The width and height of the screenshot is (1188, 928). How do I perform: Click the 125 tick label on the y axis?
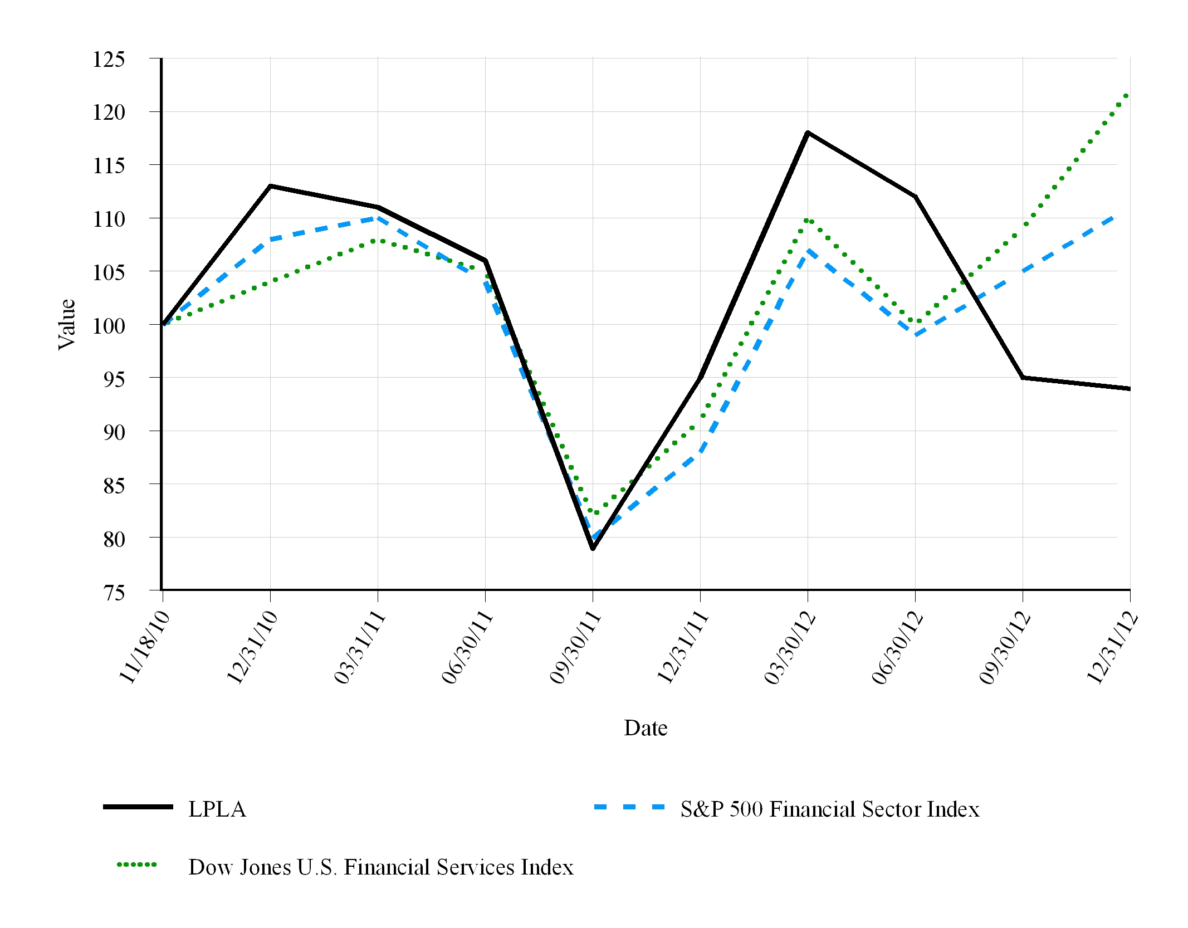(x=109, y=60)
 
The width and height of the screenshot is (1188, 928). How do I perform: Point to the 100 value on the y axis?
(x=109, y=326)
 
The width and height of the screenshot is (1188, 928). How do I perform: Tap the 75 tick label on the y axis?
(x=114, y=593)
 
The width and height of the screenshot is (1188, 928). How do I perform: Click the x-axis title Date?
(x=646, y=728)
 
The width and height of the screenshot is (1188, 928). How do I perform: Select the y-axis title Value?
(x=66, y=324)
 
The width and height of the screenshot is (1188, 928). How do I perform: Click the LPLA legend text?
(x=217, y=809)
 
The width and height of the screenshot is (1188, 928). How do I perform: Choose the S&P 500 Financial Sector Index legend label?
(x=830, y=809)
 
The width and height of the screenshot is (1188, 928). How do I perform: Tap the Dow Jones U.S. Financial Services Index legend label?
(x=381, y=867)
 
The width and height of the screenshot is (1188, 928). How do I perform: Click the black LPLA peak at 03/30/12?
(x=808, y=133)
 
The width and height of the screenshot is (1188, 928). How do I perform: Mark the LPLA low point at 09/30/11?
(x=593, y=549)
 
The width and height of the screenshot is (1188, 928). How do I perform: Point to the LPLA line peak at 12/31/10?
(x=270, y=186)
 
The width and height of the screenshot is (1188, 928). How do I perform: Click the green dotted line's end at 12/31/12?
(x=1127, y=95)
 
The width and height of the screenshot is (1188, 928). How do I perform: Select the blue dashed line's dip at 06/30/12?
(x=915, y=335)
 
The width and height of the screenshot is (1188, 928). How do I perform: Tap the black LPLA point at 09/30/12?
(x=1023, y=378)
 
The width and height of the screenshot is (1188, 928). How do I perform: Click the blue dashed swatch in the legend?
(x=629, y=807)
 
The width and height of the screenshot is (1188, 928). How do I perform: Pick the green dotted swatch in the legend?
(x=137, y=865)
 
